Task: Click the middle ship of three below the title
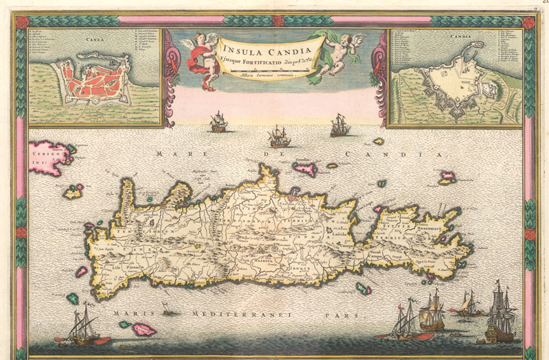tap(279, 136)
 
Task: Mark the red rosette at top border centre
tap(277, 21)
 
